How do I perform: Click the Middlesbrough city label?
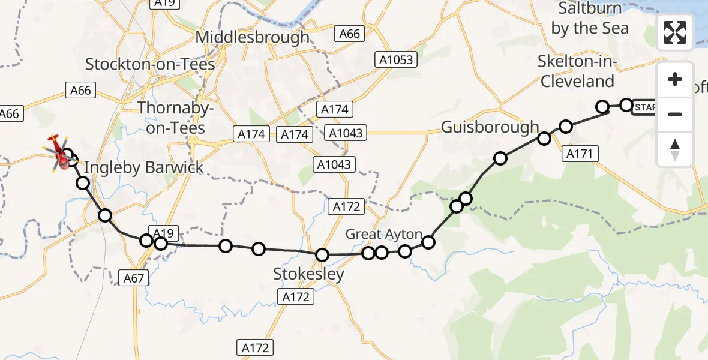point(253,37)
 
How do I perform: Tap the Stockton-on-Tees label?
point(150,64)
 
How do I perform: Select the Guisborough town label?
point(490,127)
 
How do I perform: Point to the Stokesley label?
point(308,275)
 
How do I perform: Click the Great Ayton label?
point(383,234)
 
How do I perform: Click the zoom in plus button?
point(675,80)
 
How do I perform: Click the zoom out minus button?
point(675,114)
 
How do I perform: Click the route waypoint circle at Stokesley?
point(322,255)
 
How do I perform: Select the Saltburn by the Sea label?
point(590,19)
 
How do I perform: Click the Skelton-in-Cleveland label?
point(576,71)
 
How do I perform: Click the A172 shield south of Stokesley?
point(295,296)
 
